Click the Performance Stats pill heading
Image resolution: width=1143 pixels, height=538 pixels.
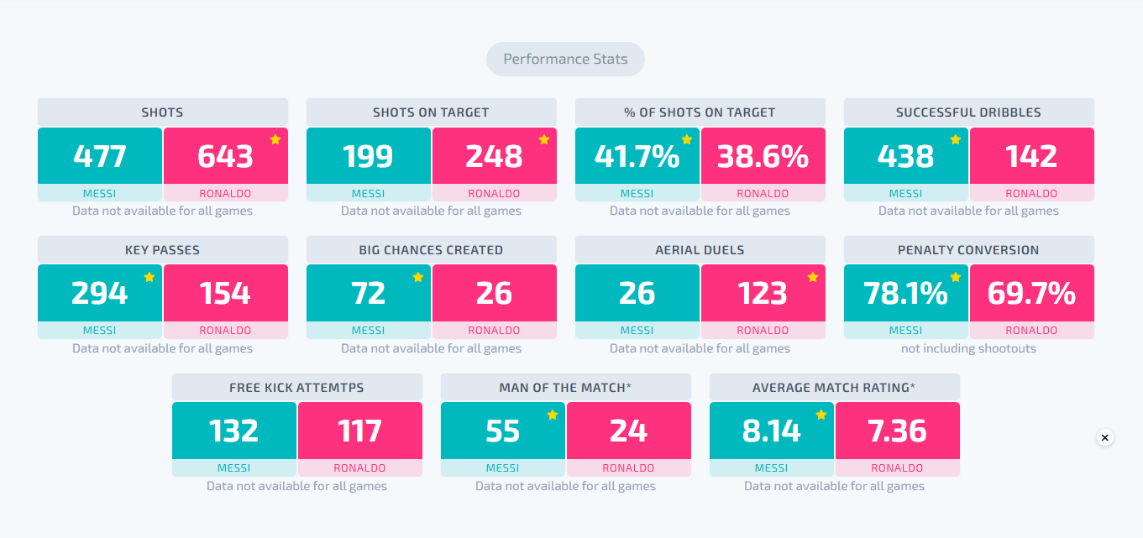click(x=565, y=59)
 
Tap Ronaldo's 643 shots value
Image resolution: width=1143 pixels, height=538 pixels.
click(x=225, y=156)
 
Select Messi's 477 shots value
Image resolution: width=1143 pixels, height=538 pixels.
click(x=99, y=156)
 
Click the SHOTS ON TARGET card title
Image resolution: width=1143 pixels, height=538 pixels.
click(x=431, y=112)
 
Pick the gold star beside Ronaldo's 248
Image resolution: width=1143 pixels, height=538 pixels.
click(x=544, y=139)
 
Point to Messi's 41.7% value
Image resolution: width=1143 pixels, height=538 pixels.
click(x=637, y=156)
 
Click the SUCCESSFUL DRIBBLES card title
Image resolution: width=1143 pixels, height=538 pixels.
click(x=968, y=112)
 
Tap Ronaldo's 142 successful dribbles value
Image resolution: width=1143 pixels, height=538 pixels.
click(x=1031, y=156)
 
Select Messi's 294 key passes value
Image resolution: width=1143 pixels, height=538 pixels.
click(x=99, y=293)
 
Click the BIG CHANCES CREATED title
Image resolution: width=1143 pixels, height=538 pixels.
click(x=431, y=250)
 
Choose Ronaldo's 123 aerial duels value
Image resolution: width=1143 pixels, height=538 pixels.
click(x=763, y=293)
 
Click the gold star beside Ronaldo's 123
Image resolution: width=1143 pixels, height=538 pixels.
click(x=813, y=277)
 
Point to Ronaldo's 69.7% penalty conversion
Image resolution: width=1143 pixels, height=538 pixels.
click(x=1031, y=293)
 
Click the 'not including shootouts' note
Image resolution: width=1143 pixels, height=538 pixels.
click(x=968, y=348)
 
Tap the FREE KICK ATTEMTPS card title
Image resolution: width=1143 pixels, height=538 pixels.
click(x=296, y=388)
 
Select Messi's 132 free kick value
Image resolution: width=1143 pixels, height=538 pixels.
click(x=233, y=431)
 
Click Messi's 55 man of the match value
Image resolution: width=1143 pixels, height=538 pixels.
click(x=502, y=431)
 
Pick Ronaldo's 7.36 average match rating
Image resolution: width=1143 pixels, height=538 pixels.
click(x=897, y=431)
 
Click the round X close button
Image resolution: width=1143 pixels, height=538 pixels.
click(x=1104, y=437)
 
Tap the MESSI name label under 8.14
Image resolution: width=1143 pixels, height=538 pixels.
click(x=771, y=468)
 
